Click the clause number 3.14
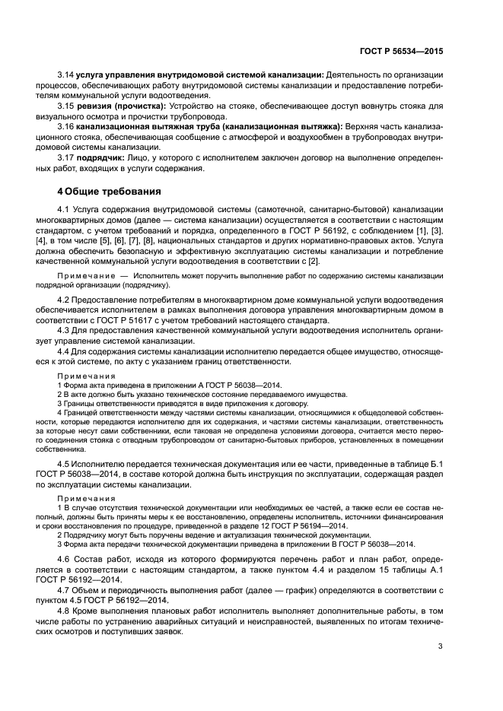point(66,77)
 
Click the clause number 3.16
point(66,127)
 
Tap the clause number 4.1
point(64,208)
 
